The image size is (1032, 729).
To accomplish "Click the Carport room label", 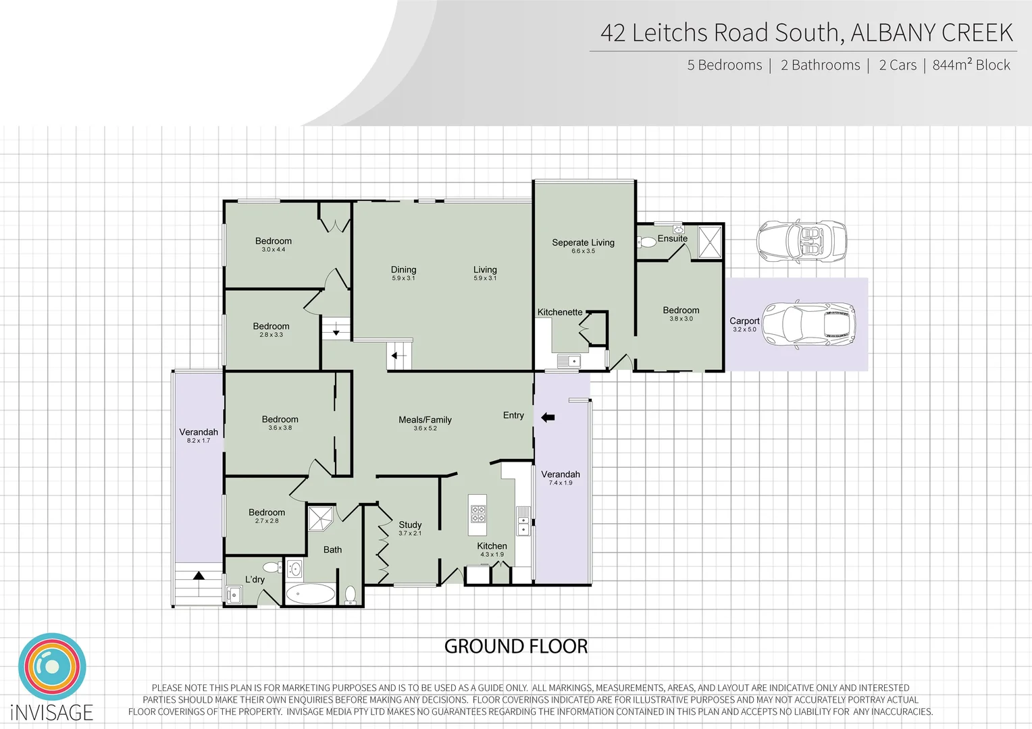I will (744, 321).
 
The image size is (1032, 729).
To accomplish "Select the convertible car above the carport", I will (801, 241).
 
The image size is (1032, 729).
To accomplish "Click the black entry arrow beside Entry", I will (548, 418).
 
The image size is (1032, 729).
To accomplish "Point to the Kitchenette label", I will (559, 313).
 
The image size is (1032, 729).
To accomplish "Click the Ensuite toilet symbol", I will (648, 242).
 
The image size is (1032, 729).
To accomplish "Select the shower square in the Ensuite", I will (710, 242).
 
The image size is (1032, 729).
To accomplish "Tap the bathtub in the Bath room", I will (310, 594).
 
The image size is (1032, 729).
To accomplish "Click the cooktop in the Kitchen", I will (478, 509).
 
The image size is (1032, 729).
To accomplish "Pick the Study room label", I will (410, 524).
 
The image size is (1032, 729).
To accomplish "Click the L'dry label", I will (255, 579).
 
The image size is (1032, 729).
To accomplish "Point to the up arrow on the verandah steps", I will (199, 576).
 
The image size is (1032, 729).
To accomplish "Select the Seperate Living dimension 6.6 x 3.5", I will (583, 251).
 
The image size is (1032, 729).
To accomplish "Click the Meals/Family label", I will (425, 420).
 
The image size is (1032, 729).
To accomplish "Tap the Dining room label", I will (403, 269).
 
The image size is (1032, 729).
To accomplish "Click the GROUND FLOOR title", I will (516, 647).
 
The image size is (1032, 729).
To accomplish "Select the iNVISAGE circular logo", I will (52, 667).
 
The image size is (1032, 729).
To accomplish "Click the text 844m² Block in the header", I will (971, 65).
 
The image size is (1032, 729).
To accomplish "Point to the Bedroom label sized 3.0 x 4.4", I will (274, 241).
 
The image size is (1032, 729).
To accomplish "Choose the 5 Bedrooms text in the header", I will (724, 65).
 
